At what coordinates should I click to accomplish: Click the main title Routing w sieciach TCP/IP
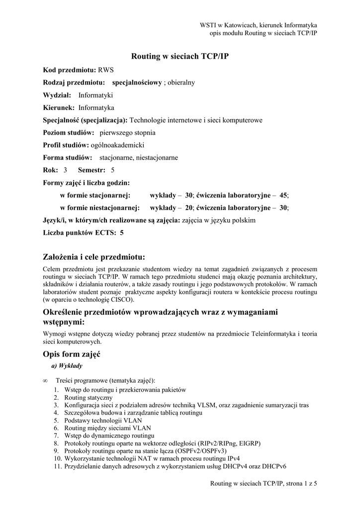[180, 57]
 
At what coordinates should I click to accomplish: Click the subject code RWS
[106, 70]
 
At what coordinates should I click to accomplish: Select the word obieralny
[181, 83]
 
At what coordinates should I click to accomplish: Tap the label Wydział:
[57, 95]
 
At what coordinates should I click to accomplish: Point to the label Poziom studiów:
[69, 133]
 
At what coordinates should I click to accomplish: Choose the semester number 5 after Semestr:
[112, 170]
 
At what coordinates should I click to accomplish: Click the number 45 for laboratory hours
[283, 195]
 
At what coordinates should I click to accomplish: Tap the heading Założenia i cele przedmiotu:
[94, 257]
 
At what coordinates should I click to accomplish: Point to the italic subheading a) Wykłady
[67, 366]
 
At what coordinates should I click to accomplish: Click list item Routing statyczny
[88, 398]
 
